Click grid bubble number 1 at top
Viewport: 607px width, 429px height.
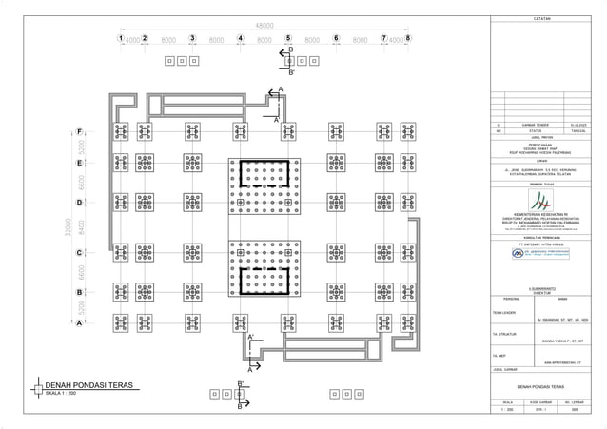(x=121, y=39)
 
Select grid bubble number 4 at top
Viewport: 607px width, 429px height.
(x=241, y=39)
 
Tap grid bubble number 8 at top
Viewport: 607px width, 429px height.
(x=408, y=39)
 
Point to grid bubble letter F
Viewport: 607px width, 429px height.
(x=80, y=131)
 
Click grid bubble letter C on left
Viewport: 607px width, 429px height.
(x=80, y=254)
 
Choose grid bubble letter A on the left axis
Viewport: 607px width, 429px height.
(x=80, y=322)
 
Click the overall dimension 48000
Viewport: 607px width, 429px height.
(x=264, y=24)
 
